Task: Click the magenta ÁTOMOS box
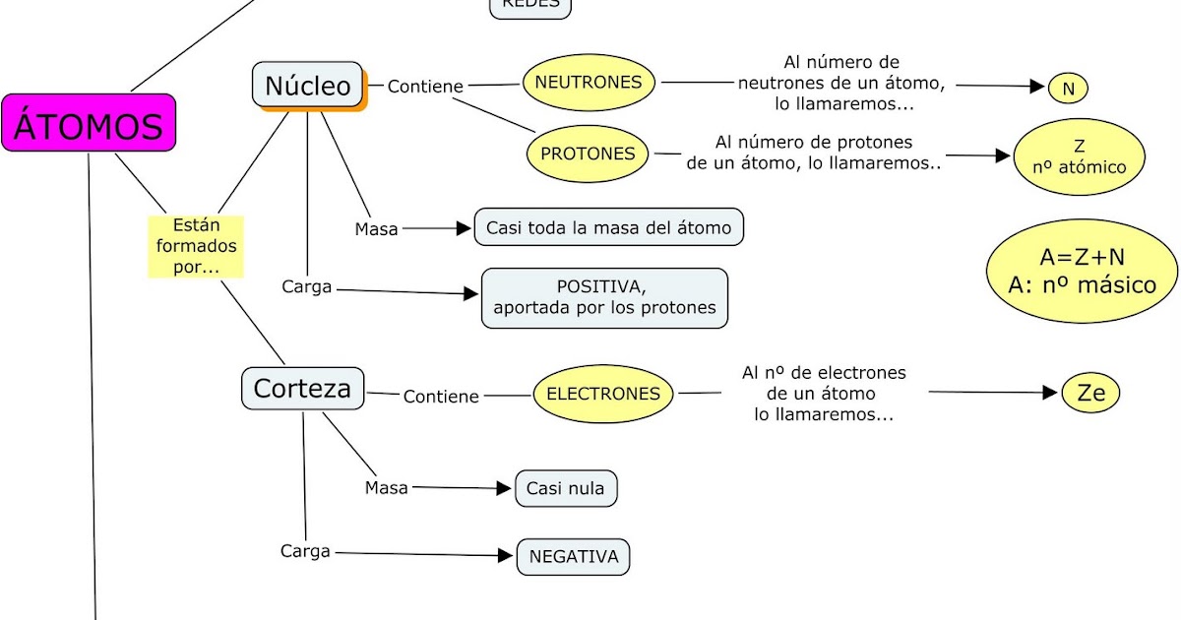(x=89, y=123)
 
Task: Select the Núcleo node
(x=308, y=86)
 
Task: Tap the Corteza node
(x=302, y=388)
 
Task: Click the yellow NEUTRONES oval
(x=589, y=83)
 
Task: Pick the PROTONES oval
(x=589, y=154)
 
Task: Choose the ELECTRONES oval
(x=603, y=394)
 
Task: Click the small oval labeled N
(x=1068, y=89)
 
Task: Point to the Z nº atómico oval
(x=1080, y=157)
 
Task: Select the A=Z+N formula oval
(x=1082, y=271)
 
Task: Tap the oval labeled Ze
(x=1091, y=394)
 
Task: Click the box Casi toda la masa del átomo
(x=608, y=227)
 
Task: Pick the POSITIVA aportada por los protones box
(x=604, y=298)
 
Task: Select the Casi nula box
(x=566, y=488)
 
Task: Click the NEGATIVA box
(x=573, y=557)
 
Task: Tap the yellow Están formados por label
(x=196, y=246)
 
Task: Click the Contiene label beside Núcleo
(x=425, y=87)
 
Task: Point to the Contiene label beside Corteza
(x=441, y=397)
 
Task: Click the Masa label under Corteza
(x=386, y=487)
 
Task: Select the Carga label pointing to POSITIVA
(x=306, y=287)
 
